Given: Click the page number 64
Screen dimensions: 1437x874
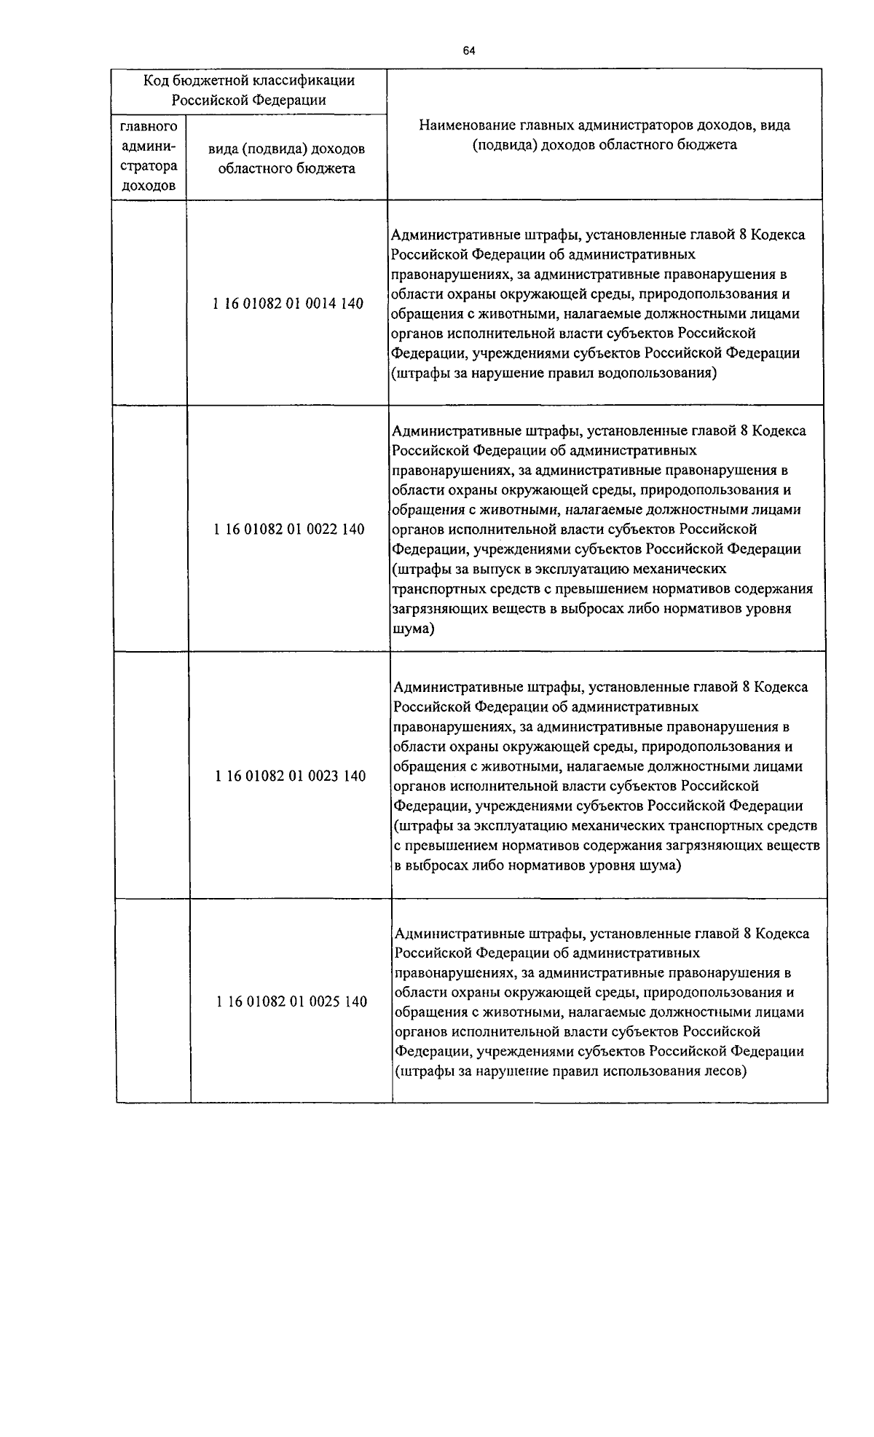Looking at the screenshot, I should point(468,51).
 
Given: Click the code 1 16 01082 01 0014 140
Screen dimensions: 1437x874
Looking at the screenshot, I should point(288,303).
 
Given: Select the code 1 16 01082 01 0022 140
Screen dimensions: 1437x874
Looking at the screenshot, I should point(289,529).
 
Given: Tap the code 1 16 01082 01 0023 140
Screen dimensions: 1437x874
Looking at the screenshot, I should point(291,776).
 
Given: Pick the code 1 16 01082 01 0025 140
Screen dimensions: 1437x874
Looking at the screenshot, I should point(291,1001).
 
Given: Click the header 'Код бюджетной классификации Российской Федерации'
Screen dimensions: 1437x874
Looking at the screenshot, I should point(249,90).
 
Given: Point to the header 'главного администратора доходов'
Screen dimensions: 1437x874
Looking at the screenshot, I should point(149,156).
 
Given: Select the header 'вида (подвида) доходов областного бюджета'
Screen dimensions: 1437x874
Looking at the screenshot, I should point(286,158).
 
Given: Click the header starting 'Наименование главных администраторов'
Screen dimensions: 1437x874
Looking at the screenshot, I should point(605,135).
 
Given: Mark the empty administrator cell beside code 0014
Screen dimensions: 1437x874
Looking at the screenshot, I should point(150,303).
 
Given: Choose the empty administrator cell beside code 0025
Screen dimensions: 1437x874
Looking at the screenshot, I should point(153,1001).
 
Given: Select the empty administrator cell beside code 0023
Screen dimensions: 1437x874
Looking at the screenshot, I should point(152,776).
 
